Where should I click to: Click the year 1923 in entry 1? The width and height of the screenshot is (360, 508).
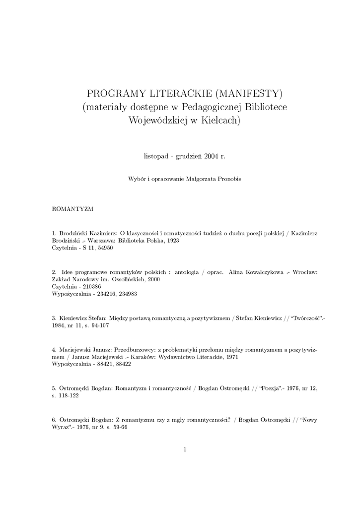(172, 240)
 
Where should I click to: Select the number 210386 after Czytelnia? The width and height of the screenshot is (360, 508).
(87, 286)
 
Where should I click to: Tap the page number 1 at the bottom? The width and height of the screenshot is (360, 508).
(185, 449)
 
